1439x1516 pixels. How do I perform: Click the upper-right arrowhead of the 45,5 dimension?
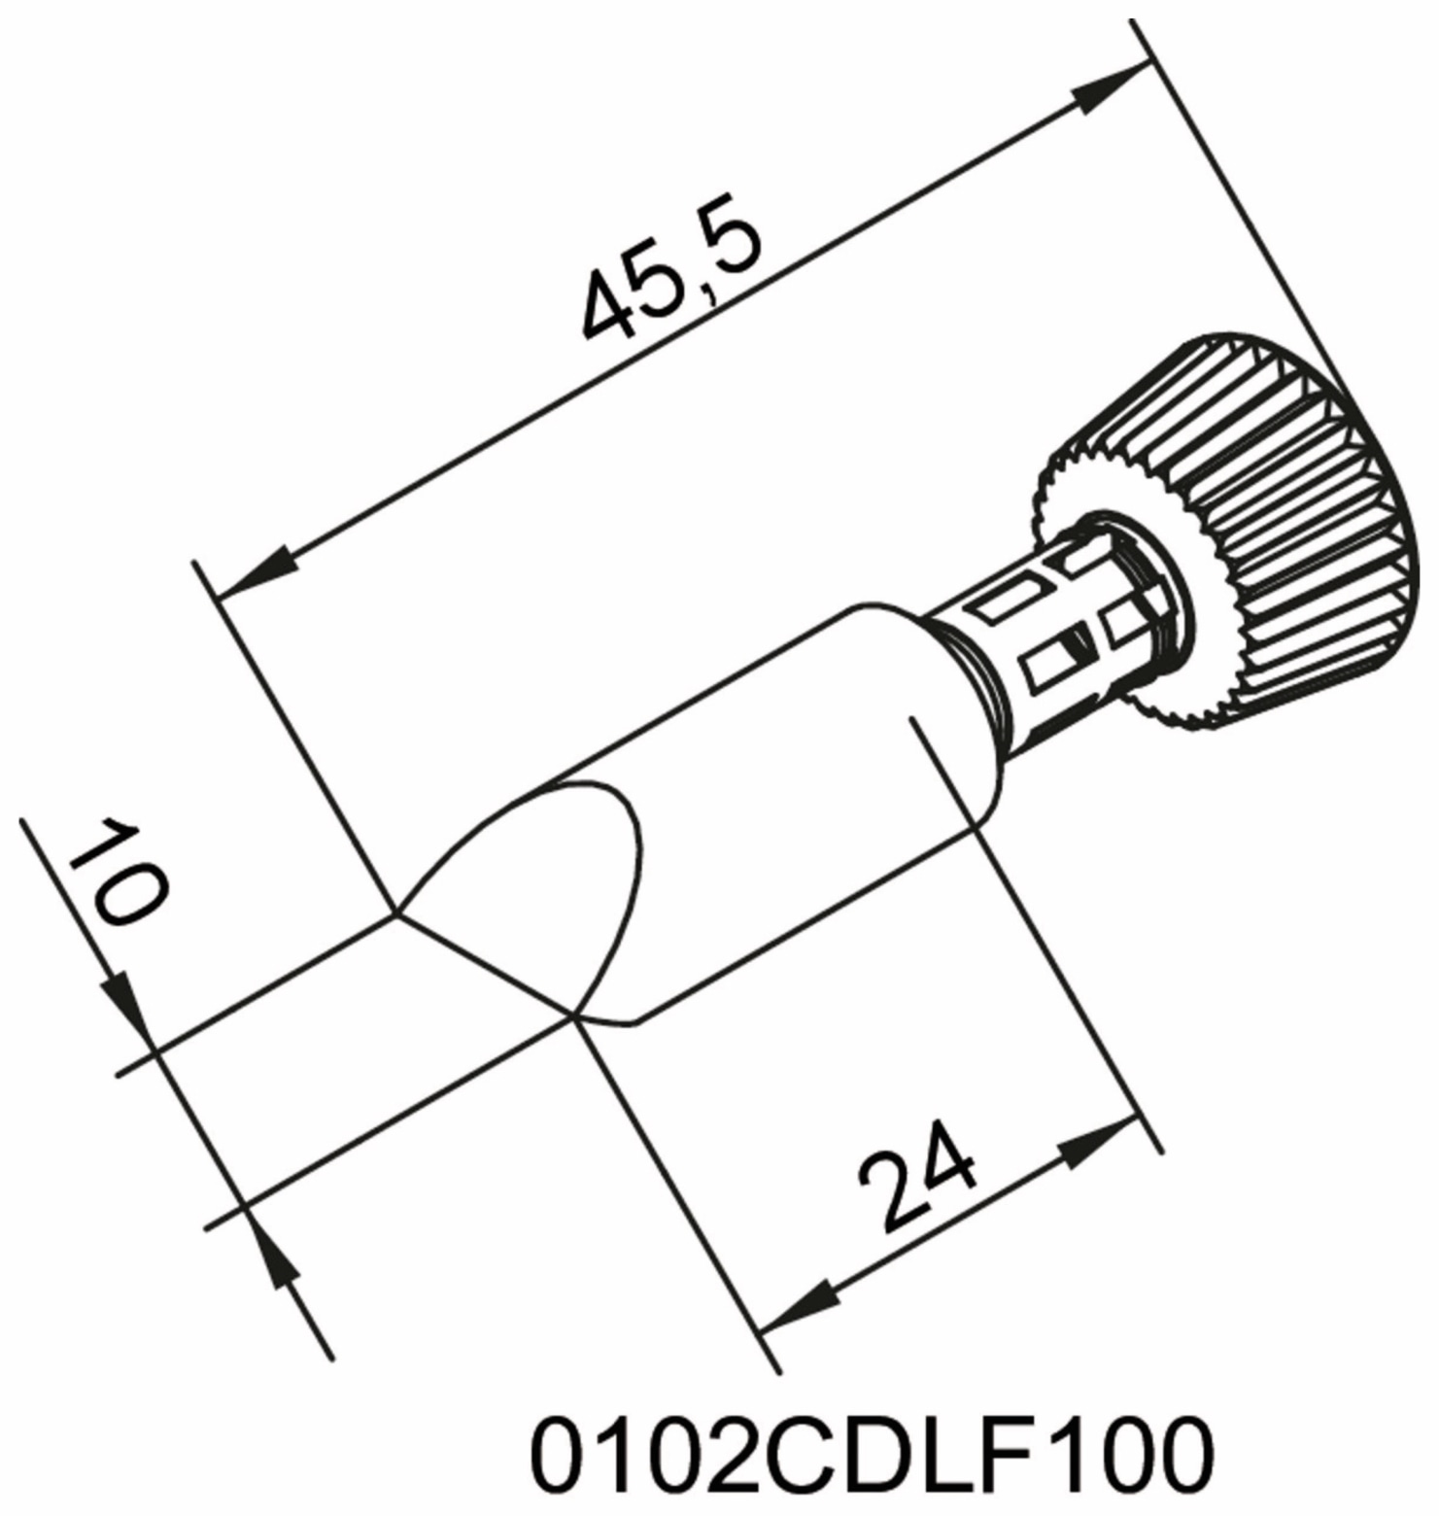point(1108,88)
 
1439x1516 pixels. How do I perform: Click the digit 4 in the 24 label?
point(938,1166)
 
